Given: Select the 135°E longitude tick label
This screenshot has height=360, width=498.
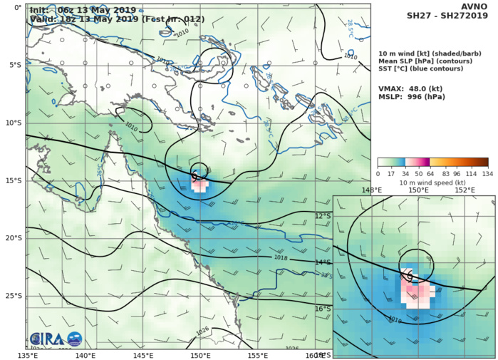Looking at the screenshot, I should pos(36,355).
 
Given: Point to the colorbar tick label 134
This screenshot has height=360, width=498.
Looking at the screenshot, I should pos(489,173).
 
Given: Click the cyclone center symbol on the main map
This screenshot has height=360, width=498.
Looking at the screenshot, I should pos(194,176).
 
